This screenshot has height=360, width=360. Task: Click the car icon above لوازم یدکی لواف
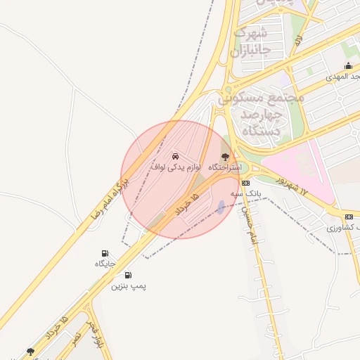click(x=175, y=155)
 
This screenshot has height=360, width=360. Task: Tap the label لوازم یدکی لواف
click(x=176, y=167)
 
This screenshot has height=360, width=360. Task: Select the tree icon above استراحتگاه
click(x=225, y=156)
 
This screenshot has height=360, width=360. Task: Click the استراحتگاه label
click(x=224, y=168)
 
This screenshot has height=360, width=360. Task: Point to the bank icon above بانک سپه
click(x=245, y=182)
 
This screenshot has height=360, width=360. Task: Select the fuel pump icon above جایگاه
click(x=105, y=253)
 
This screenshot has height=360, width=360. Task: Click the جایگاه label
click(x=105, y=264)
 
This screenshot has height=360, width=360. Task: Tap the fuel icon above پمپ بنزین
click(x=128, y=275)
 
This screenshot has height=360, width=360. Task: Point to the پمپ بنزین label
click(x=128, y=286)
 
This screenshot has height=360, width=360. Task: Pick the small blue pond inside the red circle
click(x=221, y=207)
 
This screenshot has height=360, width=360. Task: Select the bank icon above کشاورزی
click(x=349, y=217)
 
